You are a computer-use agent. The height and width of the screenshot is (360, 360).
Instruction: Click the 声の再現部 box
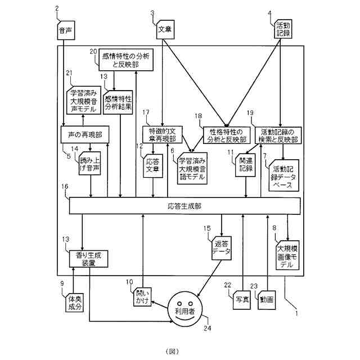pos(83,135)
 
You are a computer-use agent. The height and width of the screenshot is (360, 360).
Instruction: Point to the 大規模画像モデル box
pos(287,256)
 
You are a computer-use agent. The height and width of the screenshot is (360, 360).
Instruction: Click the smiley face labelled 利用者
pos(183,308)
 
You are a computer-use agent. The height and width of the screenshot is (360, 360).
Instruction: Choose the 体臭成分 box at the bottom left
pos(74,302)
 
